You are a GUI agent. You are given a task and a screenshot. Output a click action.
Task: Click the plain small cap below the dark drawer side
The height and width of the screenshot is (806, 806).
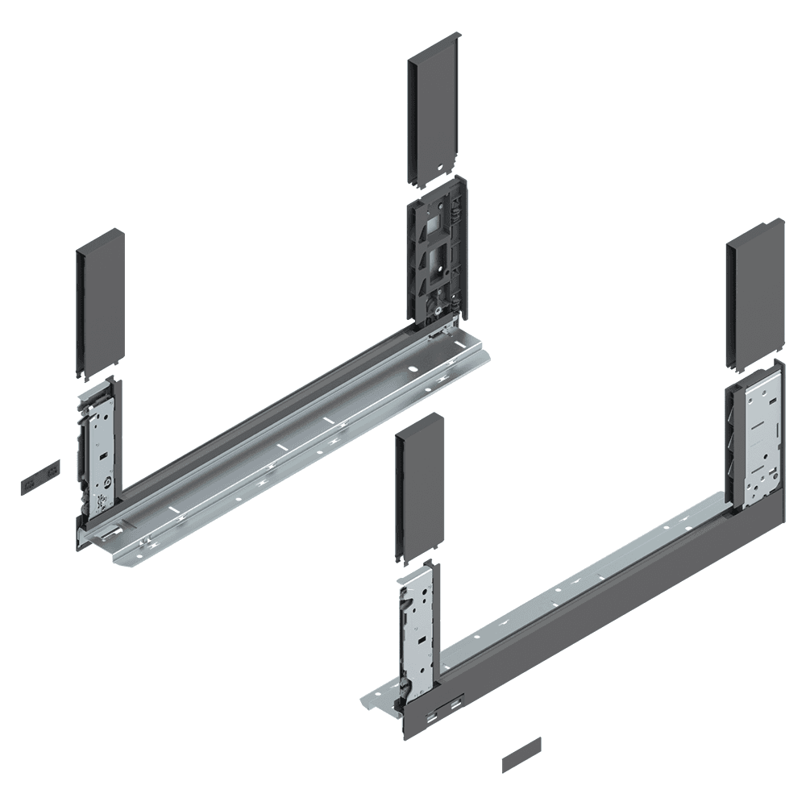pyautogui.click(x=521, y=754)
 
